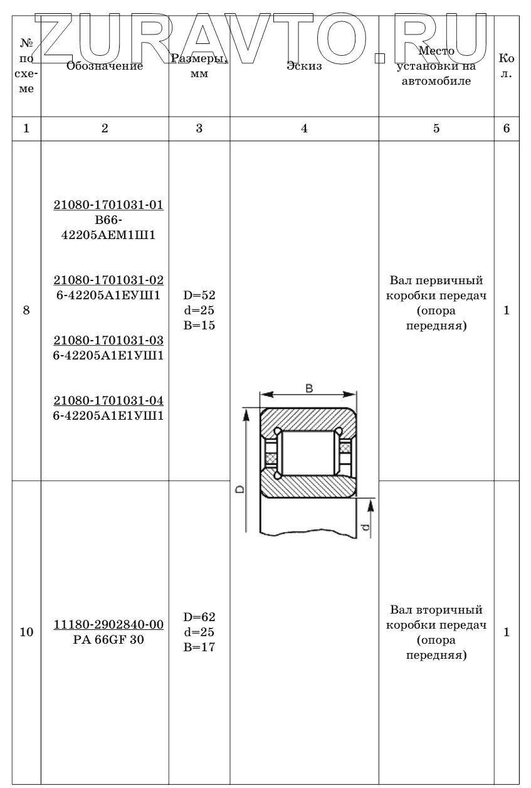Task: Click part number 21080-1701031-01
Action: (108, 206)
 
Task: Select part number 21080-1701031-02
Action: (108, 280)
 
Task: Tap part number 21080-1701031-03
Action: (108, 340)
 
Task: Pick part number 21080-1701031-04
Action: (108, 400)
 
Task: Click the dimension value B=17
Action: (200, 647)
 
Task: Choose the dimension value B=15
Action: (200, 326)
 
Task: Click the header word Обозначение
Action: (105, 65)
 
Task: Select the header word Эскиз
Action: (303, 66)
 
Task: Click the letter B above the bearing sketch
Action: (309, 388)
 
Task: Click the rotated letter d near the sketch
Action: (365, 527)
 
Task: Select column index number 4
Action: (304, 129)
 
